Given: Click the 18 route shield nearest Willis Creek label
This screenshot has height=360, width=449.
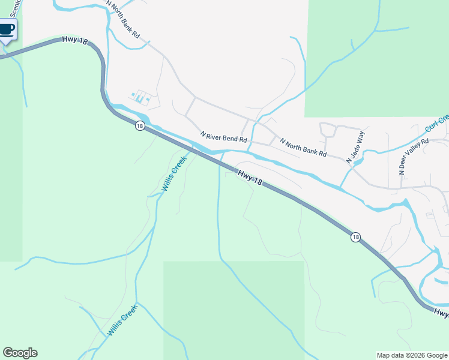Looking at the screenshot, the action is click(x=140, y=125).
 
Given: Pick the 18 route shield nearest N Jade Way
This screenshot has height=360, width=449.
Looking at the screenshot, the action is click(x=356, y=237).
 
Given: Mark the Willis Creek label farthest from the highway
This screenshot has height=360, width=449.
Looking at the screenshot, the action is click(x=122, y=320).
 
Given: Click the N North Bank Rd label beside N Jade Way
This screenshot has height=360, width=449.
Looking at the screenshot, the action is click(x=303, y=146).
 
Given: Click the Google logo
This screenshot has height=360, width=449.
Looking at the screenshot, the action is click(x=20, y=353).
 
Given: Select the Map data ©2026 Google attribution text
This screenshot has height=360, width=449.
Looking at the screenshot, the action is click(x=412, y=355).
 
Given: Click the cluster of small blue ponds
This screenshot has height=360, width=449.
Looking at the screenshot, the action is click(x=140, y=96).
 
